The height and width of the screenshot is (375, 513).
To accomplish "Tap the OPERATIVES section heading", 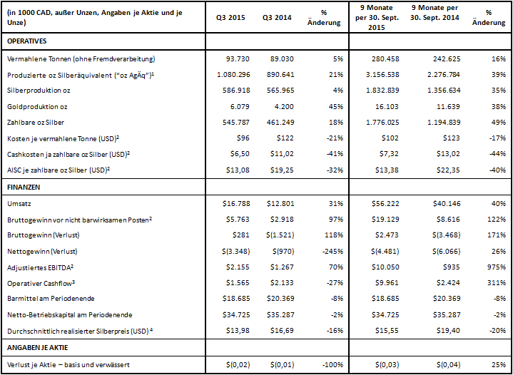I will point(27,42).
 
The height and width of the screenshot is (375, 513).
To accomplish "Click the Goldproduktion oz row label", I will point(37,106).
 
